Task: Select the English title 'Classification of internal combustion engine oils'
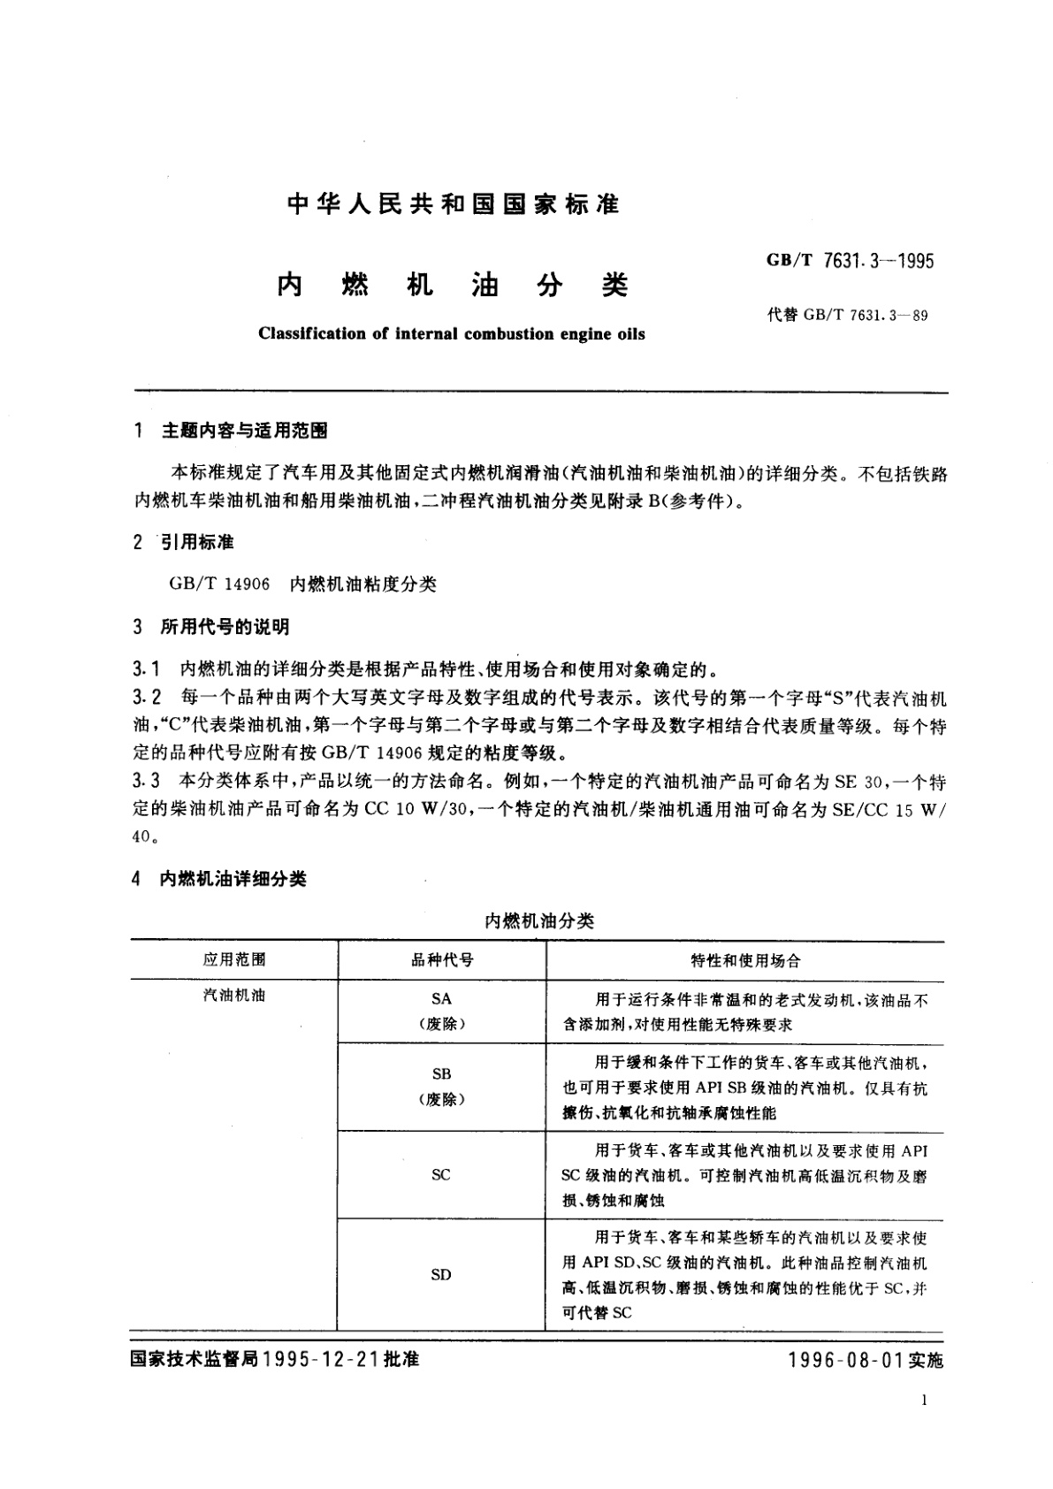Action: click(x=451, y=334)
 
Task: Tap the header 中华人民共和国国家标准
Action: click(x=454, y=205)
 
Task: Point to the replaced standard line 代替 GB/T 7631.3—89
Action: click(x=847, y=315)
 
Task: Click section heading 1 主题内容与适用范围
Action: click(x=231, y=431)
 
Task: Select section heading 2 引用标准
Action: click(x=184, y=542)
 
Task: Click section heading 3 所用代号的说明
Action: click(x=211, y=627)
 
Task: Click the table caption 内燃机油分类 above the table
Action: click(x=539, y=920)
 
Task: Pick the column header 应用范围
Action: click(x=234, y=959)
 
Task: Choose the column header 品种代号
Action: click(x=441, y=959)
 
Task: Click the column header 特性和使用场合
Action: click(x=745, y=960)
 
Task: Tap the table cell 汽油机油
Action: click(x=234, y=996)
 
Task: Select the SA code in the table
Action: click(x=441, y=998)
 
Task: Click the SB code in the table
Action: click(x=441, y=1073)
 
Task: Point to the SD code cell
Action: click(x=441, y=1274)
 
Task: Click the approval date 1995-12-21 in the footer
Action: click(x=320, y=1359)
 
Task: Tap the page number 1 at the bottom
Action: click(x=924, y=1401)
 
